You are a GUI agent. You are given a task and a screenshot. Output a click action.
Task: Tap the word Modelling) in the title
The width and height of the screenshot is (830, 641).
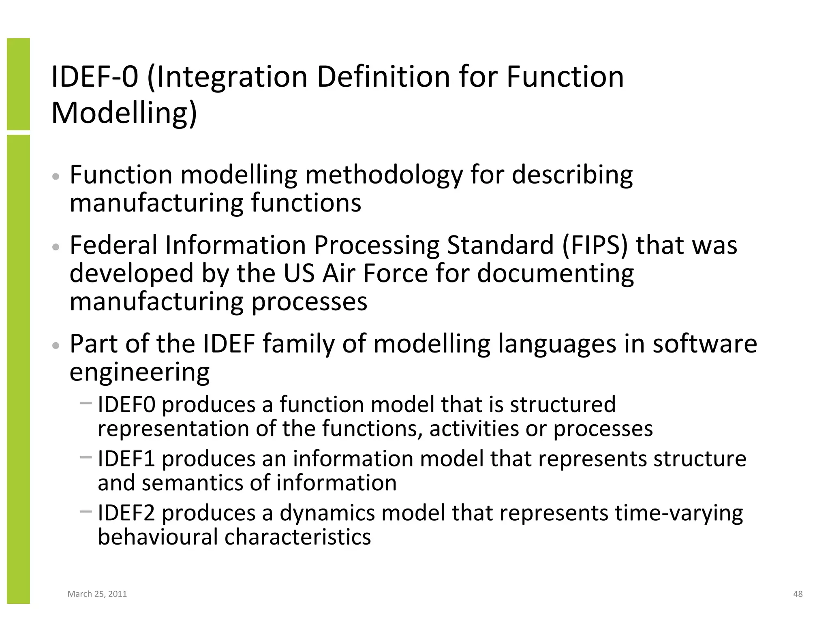[x=124, y=113]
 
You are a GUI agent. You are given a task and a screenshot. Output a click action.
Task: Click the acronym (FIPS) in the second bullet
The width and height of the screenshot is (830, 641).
[x=595, y=245]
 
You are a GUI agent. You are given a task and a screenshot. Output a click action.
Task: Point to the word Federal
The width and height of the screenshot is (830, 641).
[x=113, y=245]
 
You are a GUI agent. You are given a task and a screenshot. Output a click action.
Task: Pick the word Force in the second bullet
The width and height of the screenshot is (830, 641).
[x=395, y=273]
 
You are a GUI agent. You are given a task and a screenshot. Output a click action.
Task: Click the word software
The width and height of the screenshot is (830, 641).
[x=704, y=344]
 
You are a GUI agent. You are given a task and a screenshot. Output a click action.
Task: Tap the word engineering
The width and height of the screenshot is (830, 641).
[x=139, y=372]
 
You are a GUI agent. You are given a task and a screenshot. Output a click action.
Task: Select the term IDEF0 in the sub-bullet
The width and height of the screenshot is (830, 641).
[x=126, y=404]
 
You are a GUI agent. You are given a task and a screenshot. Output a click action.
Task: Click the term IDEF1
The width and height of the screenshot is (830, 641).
[x=126, y=459]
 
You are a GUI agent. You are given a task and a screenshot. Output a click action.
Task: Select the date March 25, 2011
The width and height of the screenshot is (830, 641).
[x=97, y=594]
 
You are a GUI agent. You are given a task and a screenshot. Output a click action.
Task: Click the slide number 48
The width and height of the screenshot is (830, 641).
[x=798, y=594]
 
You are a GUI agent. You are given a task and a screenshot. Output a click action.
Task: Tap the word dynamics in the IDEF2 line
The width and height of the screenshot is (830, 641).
[x=327, y=513]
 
